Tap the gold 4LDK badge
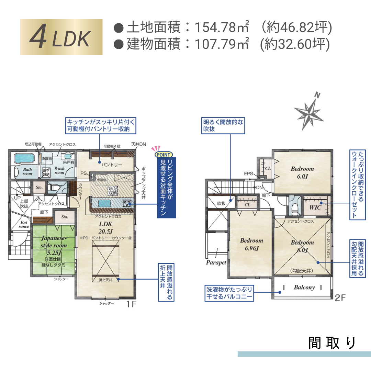(x=61, y=37)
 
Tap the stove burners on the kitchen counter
(x=126, y=203)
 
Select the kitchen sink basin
(x=104, y=203)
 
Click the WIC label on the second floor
(x=315, y=207)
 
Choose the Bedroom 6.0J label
(x=302, y=172)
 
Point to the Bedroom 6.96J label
(x=251, y=244)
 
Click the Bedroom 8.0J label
(x=302, y=246)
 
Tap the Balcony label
(x=304, y=287)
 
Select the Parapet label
(x=216, y=262)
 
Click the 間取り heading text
(x=331, y=343)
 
